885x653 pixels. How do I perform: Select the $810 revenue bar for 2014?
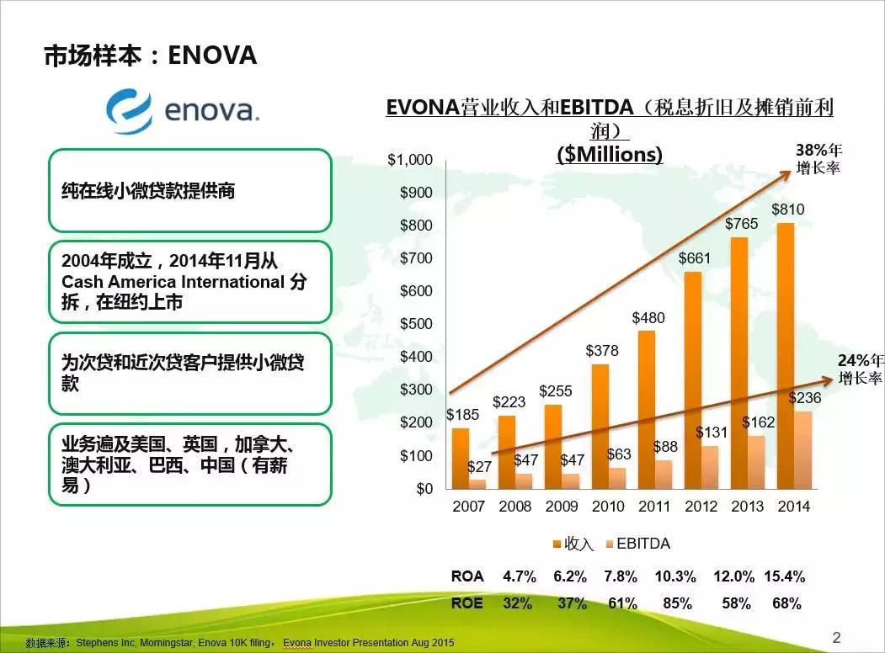point(784,355)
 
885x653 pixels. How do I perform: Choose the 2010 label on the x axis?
point(608,507)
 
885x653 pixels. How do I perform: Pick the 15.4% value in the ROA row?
point(784,576)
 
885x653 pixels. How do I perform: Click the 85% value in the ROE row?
point(677,603)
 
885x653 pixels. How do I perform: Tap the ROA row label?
point(467,576)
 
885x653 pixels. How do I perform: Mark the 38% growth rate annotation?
point(818,158)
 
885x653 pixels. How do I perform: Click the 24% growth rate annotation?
point(859,369)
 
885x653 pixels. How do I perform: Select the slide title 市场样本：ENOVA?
point(150,56)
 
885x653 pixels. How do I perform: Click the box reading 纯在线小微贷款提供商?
point(189,191)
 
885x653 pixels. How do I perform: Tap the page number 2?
point(836,637)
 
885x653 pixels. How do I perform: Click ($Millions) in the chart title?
point(610,155)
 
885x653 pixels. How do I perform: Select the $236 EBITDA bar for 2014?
point(802,449)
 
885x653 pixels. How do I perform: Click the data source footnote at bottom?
point(240,643)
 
